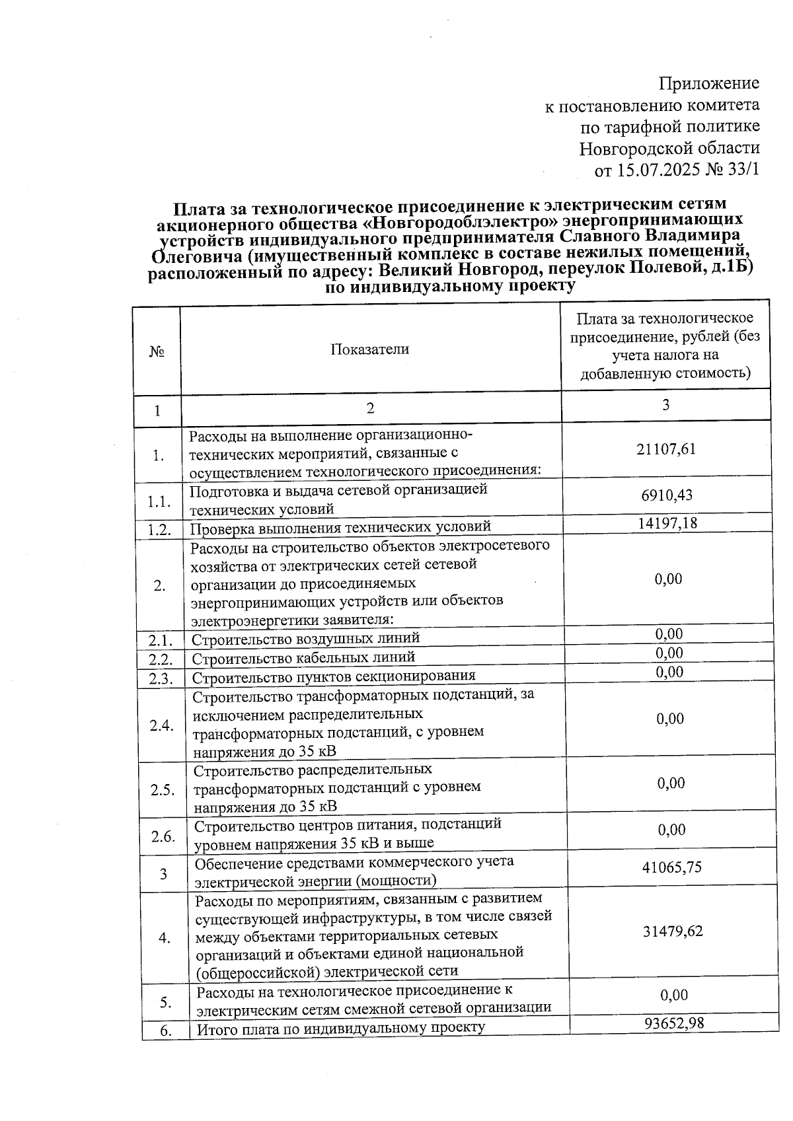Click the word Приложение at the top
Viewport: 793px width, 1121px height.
(709, 83)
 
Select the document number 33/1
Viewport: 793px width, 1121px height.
(743, 170)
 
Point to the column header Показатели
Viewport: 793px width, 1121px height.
(369, 349)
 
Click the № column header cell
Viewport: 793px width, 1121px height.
(157, 351)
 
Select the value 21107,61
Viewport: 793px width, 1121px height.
(666, 449)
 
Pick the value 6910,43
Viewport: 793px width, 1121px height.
(666, 495)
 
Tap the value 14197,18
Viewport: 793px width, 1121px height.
(667, 523)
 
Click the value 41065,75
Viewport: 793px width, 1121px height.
(672, 867)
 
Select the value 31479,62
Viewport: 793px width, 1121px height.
(673, 931)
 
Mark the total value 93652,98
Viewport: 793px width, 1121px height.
(674, 1024)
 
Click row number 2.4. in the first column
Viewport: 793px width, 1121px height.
(161, 725)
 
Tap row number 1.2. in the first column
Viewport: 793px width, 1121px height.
(160, 529)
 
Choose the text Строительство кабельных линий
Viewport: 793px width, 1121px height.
(303, 657)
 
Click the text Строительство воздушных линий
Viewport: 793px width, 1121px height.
(305, 638)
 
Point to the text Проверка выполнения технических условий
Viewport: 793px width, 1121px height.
(340, 527)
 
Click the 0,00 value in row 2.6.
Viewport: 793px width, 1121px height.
(671, 830)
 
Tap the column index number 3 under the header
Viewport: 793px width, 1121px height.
(665, 404)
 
